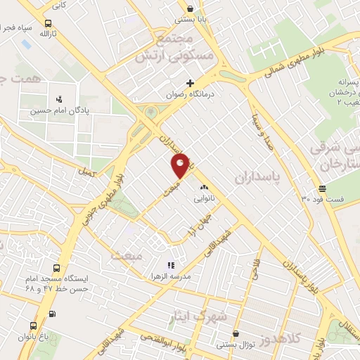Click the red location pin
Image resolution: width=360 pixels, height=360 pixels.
[180, 165]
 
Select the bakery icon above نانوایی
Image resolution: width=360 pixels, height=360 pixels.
[205, 188]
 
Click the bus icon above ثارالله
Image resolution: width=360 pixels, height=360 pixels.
[46, 22]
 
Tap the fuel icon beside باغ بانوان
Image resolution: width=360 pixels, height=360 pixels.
[52, 314]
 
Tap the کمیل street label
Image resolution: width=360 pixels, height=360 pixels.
[86, 171]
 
